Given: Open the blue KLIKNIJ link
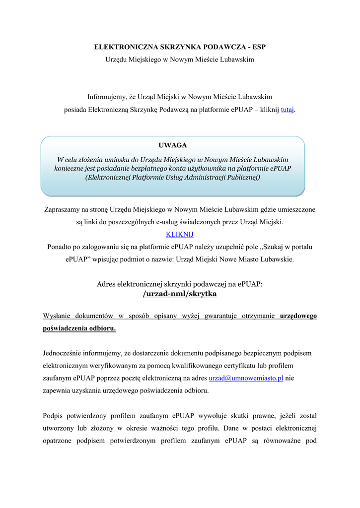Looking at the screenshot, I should tap(179, 234).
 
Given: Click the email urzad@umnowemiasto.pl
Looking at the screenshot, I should tap(246, 378).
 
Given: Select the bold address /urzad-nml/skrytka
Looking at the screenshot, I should tap(180, 294).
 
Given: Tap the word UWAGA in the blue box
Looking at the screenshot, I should tap(172, 145).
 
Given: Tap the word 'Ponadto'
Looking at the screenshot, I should tap(60, 247).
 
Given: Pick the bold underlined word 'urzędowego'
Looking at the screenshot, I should tap(298, 316).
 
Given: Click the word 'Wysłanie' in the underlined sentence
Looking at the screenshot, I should tap(57, 316).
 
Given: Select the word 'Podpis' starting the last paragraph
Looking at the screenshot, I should tap(53, 415).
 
